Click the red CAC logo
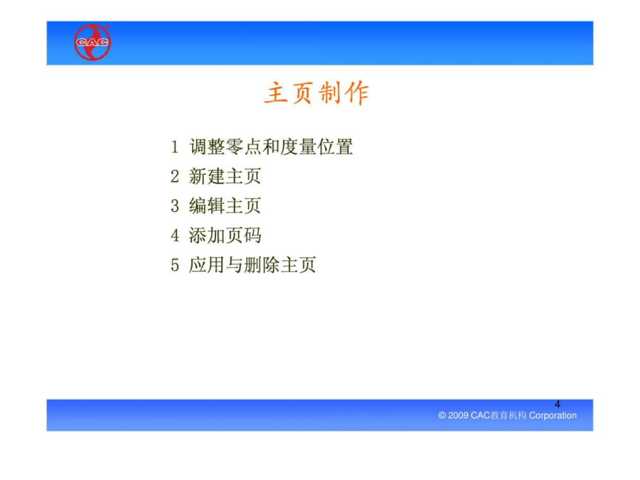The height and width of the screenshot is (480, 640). [x=92, y=42]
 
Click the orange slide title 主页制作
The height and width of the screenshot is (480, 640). [x=316, y=93]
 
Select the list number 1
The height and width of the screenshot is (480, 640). [x=175, y=147]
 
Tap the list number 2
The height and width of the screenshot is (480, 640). [x=175, y=177]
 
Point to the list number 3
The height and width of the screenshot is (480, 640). [x=175, y=206]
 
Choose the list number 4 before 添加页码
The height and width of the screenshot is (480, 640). [x=175, y=235]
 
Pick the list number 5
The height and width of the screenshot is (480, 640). [x=175, y=265]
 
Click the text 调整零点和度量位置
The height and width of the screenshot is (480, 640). [x=271, y=147]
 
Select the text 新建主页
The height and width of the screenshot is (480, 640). [x=225, y=177]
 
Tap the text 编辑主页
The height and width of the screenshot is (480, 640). [x=225, y=206]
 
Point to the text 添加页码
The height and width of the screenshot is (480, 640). [x=225, y=235]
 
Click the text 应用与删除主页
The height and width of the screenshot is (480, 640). [x=252, y=265]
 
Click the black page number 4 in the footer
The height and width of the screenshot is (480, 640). [x=557, y=404]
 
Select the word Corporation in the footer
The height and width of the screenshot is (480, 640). [x=553, y=415]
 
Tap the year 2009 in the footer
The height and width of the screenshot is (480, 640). [x=458, y=415]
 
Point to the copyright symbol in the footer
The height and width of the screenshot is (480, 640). [x=442, y=415]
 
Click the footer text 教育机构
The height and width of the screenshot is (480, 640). [x=508, y=415]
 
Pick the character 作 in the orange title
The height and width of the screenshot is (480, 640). [x=357, y=93]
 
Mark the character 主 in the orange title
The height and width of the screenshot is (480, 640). [x=276, y=93]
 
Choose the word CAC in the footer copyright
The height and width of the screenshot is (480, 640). [x=480, y=415]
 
